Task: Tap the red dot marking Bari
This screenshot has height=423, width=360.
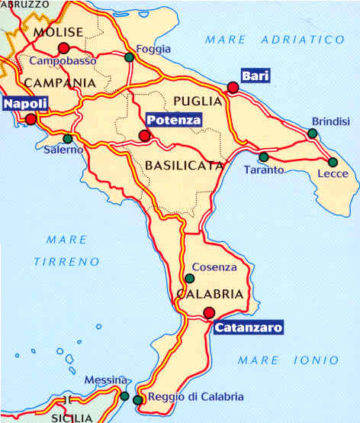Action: (x=233, y=87)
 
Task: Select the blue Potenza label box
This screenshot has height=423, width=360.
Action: (x=173, y=120)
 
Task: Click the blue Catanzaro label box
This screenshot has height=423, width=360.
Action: (x=248, y=328)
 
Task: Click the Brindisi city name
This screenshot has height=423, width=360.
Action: (x=330, y=121)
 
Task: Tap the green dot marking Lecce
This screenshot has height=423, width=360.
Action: (x=333, y=162)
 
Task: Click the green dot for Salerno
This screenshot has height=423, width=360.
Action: (x=68, y=139)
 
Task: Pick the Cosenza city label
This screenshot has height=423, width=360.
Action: (x=214, y=267)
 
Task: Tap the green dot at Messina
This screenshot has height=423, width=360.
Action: (x=124, y=396)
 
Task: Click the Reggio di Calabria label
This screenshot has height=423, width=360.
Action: (x=195, y=396)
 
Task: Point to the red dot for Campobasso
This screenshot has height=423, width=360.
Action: (x=63, y=47)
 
